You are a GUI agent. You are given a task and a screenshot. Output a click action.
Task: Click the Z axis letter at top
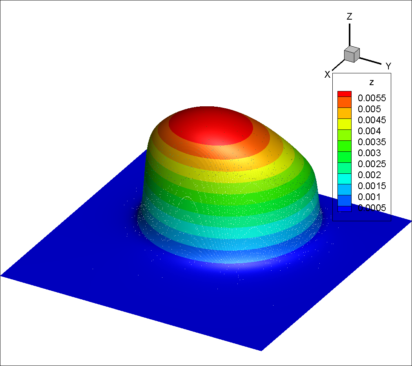pos(350,16)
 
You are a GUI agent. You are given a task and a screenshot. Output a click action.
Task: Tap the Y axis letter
pos(388,66)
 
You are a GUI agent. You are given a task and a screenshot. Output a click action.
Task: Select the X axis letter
pos(327,75)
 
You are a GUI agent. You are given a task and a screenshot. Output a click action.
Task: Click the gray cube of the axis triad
pos(352,54)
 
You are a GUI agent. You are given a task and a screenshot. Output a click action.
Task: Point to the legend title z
pos(372,83)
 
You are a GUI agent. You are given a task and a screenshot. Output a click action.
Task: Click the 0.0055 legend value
pos(372,98)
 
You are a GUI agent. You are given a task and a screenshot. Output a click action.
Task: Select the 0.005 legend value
pos(369,109)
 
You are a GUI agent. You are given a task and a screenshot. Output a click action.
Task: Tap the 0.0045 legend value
pos(372,120)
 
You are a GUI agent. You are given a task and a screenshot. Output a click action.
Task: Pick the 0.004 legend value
pos(369,131)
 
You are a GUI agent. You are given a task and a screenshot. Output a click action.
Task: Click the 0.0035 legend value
pos(372,142)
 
